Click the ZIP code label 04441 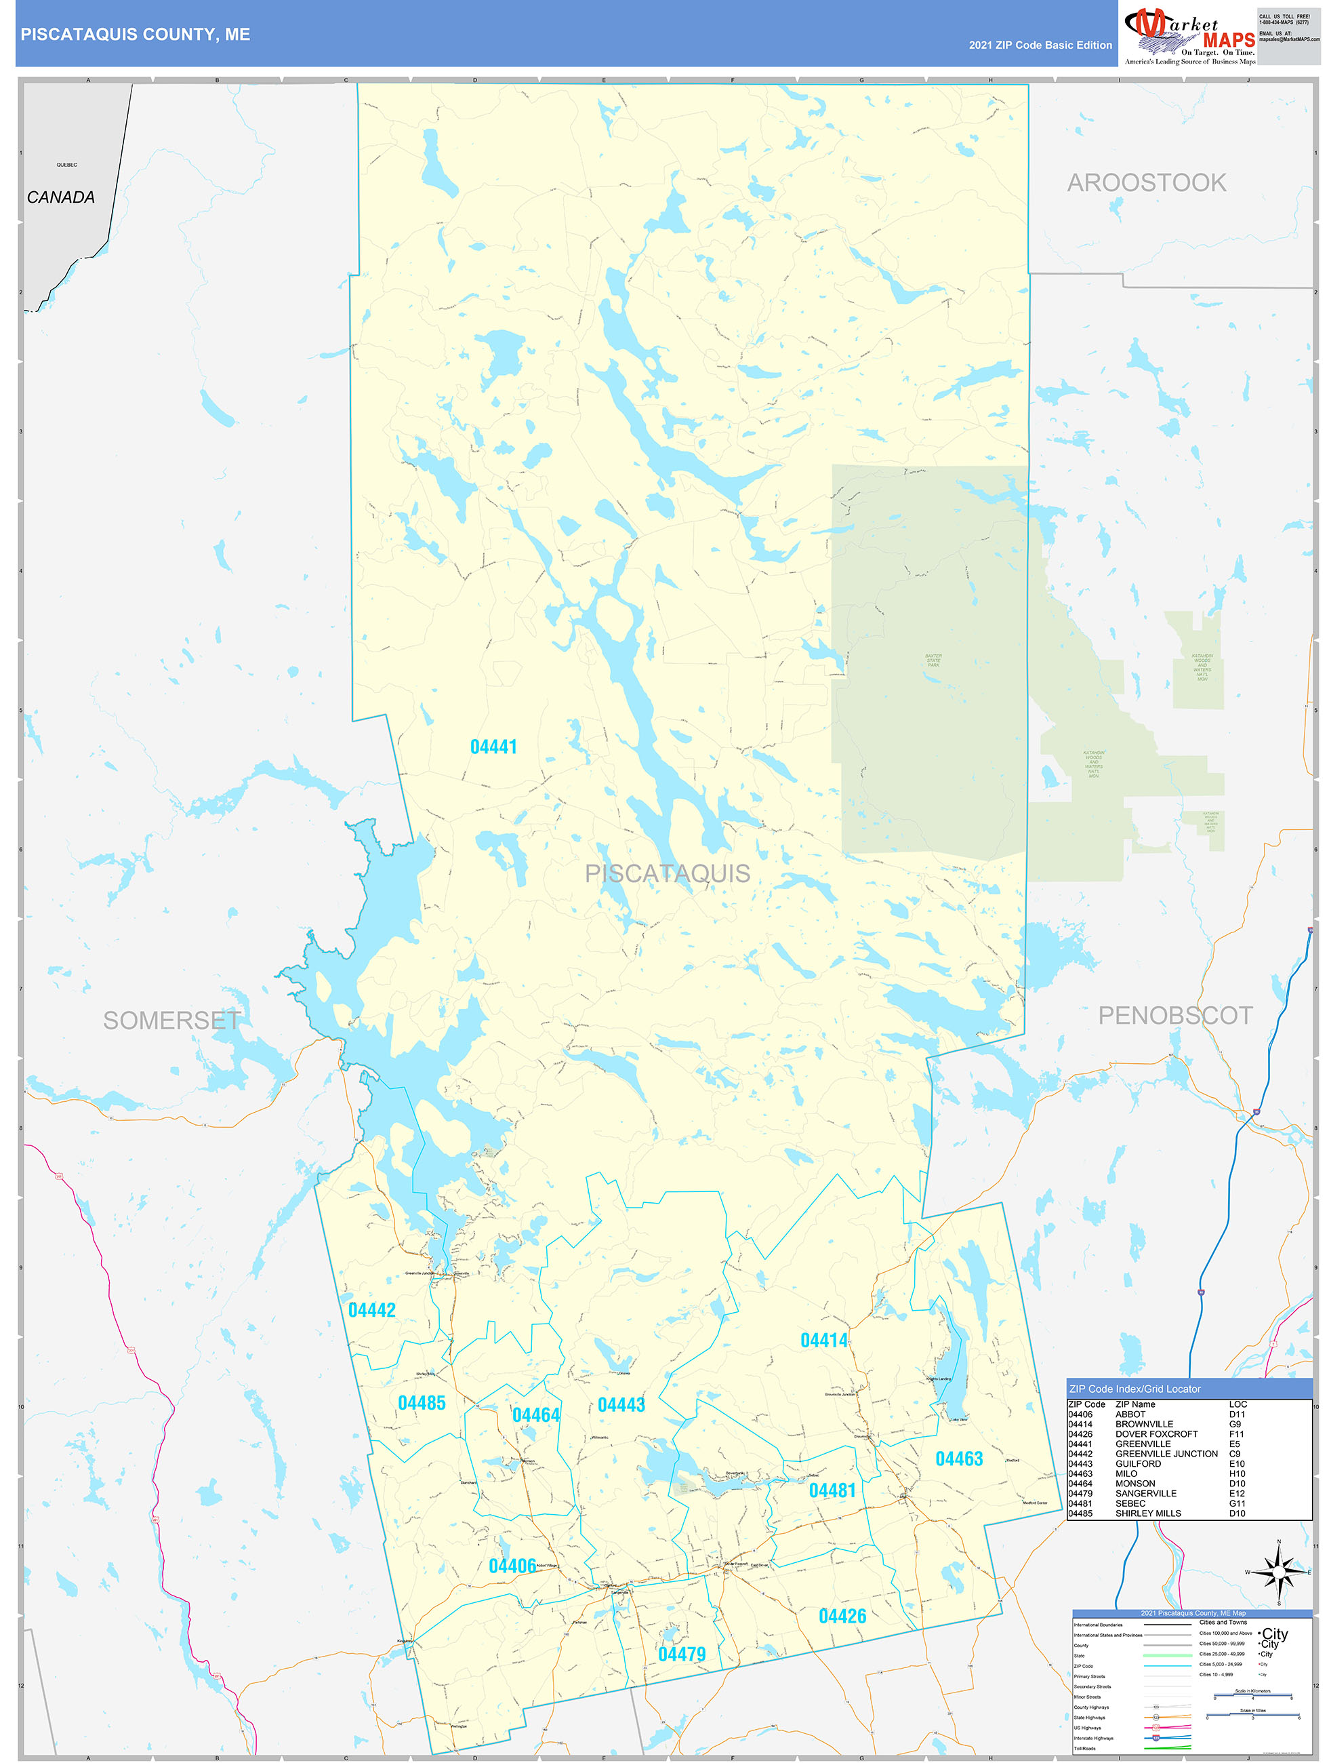[x=493, y=747]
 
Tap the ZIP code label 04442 [x=372, y=1309]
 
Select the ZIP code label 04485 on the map [x=422, y=1403]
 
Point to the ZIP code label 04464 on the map [x=535, y=1414]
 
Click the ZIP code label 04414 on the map [x=824, y=1341]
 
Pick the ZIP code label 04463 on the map [x=958, y=1459]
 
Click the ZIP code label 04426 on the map [x=842, y=1616]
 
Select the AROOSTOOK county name [x=1146, y=182]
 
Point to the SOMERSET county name [x=172, y=1021]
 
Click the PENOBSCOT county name [x=1175, y=1015]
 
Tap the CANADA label [x=60, y=197]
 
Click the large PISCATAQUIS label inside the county [x=667, y=873]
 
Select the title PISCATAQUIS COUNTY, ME [x=136, y=35]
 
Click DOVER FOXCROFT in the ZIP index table [x=1156, y=1434]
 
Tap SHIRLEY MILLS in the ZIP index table [x=1148, y=1513]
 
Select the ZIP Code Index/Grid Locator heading [x=1134, y=1389]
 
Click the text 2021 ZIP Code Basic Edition [x=1040, y=45]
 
